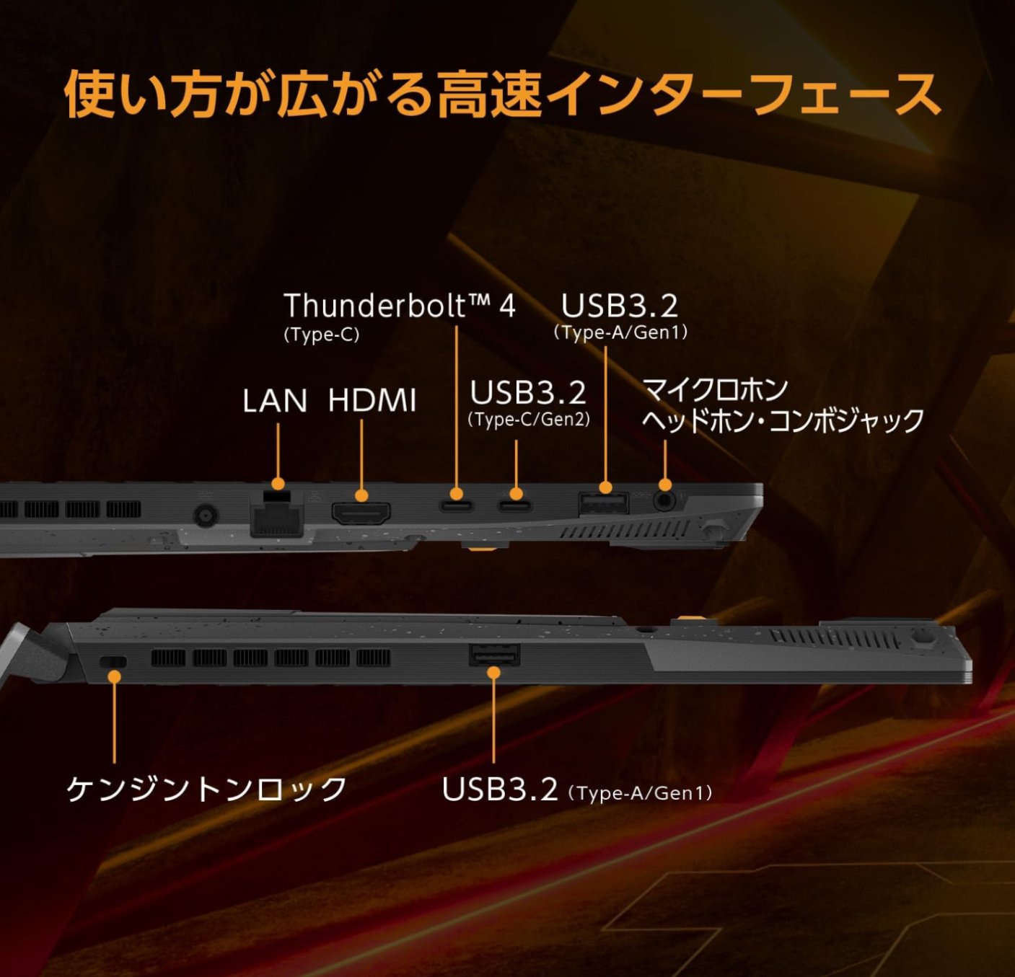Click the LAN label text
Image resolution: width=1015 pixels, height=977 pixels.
[x=274, y=401]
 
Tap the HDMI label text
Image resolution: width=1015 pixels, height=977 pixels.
[x=372, y=401]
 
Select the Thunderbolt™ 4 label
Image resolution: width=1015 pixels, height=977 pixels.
[x=400, y=306]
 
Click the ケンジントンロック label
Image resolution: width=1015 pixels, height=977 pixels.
[x=207, y=789]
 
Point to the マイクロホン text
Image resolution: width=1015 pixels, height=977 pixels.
[x=715, y=390]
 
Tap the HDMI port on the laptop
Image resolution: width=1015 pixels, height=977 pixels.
[x=361, y=513]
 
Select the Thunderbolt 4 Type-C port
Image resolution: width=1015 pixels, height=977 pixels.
[x=456, y=505]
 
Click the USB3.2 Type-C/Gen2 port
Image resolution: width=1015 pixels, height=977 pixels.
[x=515, y=505]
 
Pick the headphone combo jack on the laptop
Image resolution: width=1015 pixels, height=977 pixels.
[x=664, y=500]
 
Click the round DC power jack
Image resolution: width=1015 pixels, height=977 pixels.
[x=206, y=515]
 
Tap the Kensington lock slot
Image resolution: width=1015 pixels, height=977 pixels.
[x=112, y=662]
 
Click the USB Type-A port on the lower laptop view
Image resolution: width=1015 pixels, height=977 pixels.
[x=494, y=655]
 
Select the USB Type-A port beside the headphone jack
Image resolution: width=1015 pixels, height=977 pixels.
[x=604, y=503]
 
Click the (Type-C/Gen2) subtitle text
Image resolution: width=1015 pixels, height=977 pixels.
[x=529, y=420]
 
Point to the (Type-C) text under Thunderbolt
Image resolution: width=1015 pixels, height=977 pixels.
[x=321, y=335]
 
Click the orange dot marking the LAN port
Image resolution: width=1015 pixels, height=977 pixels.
[x=278, y=484]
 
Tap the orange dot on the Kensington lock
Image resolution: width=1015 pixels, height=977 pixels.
[x=114, y=676]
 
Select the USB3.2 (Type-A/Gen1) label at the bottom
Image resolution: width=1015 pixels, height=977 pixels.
[x=577, y=790]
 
